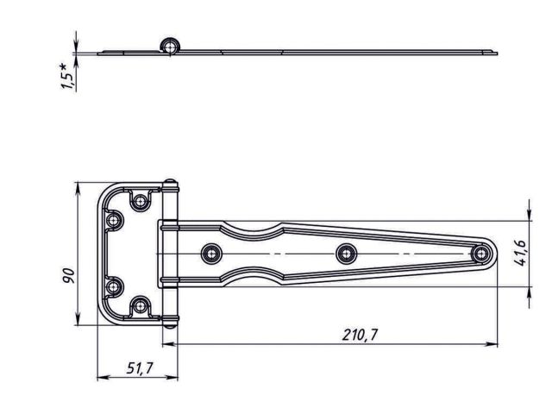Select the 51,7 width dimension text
pos(139,368)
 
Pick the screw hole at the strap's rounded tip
pos(481,253)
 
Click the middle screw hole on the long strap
pos(346,253)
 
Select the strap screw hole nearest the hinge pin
pos(210,253)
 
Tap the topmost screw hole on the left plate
pos(139,201)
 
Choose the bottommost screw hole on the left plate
pos(139,304)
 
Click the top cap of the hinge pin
pos(170,185)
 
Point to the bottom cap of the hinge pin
pos(170,321)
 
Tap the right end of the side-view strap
pos(494,53)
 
